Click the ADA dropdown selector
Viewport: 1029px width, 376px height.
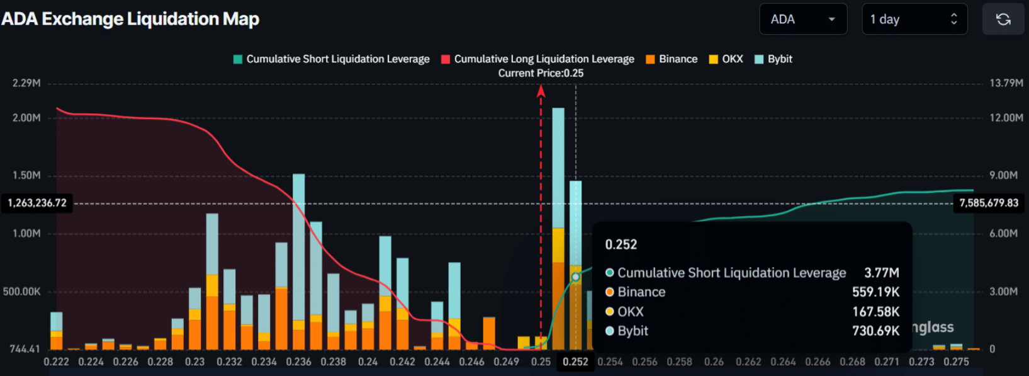pyautogui.click(x=802, y=20)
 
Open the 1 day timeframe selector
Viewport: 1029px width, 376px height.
pyautogui.click(x=914, y=20)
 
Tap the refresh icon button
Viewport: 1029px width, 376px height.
pyautogui.click(x=1003, y=20)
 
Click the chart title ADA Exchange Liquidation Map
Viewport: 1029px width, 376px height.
pyautogui.click(x=130, y=19)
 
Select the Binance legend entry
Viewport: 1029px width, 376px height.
pyautogui.click(x=672, y=59)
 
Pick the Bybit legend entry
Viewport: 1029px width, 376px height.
pyautogui.click(x=773, y=59)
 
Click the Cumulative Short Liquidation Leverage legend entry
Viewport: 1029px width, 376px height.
pyautogui.click(x=332, y=59)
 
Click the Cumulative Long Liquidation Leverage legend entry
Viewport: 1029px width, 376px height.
pyautogui.click(x=538, y=59)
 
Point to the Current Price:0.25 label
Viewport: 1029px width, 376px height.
pyautogui.click(x=541, y=73)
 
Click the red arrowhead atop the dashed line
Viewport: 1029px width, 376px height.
pyautogui.click(x=541, y=91)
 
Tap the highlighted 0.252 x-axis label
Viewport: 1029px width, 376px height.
pyautogui.click(x=575, y=362)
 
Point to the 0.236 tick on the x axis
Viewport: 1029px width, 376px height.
pyautogui.click(x=298, y=362)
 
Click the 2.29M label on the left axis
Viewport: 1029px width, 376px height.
pyautogui.click(x=26, y=83)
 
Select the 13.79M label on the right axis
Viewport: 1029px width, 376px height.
pyautogui.click(x=1006, y=83)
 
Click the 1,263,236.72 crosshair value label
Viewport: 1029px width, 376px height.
pyautogui.click(x=37, y=203)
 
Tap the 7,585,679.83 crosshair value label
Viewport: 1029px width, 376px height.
pyautogui.click(x=988, y=203)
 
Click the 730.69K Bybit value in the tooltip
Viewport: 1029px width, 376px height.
pyautogui.click(x=875, y=331)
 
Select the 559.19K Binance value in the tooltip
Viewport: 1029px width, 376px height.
pyautogui.click(x=875, y=292)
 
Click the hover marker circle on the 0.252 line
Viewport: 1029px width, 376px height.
pyautogui.click(x=575, y=277)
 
